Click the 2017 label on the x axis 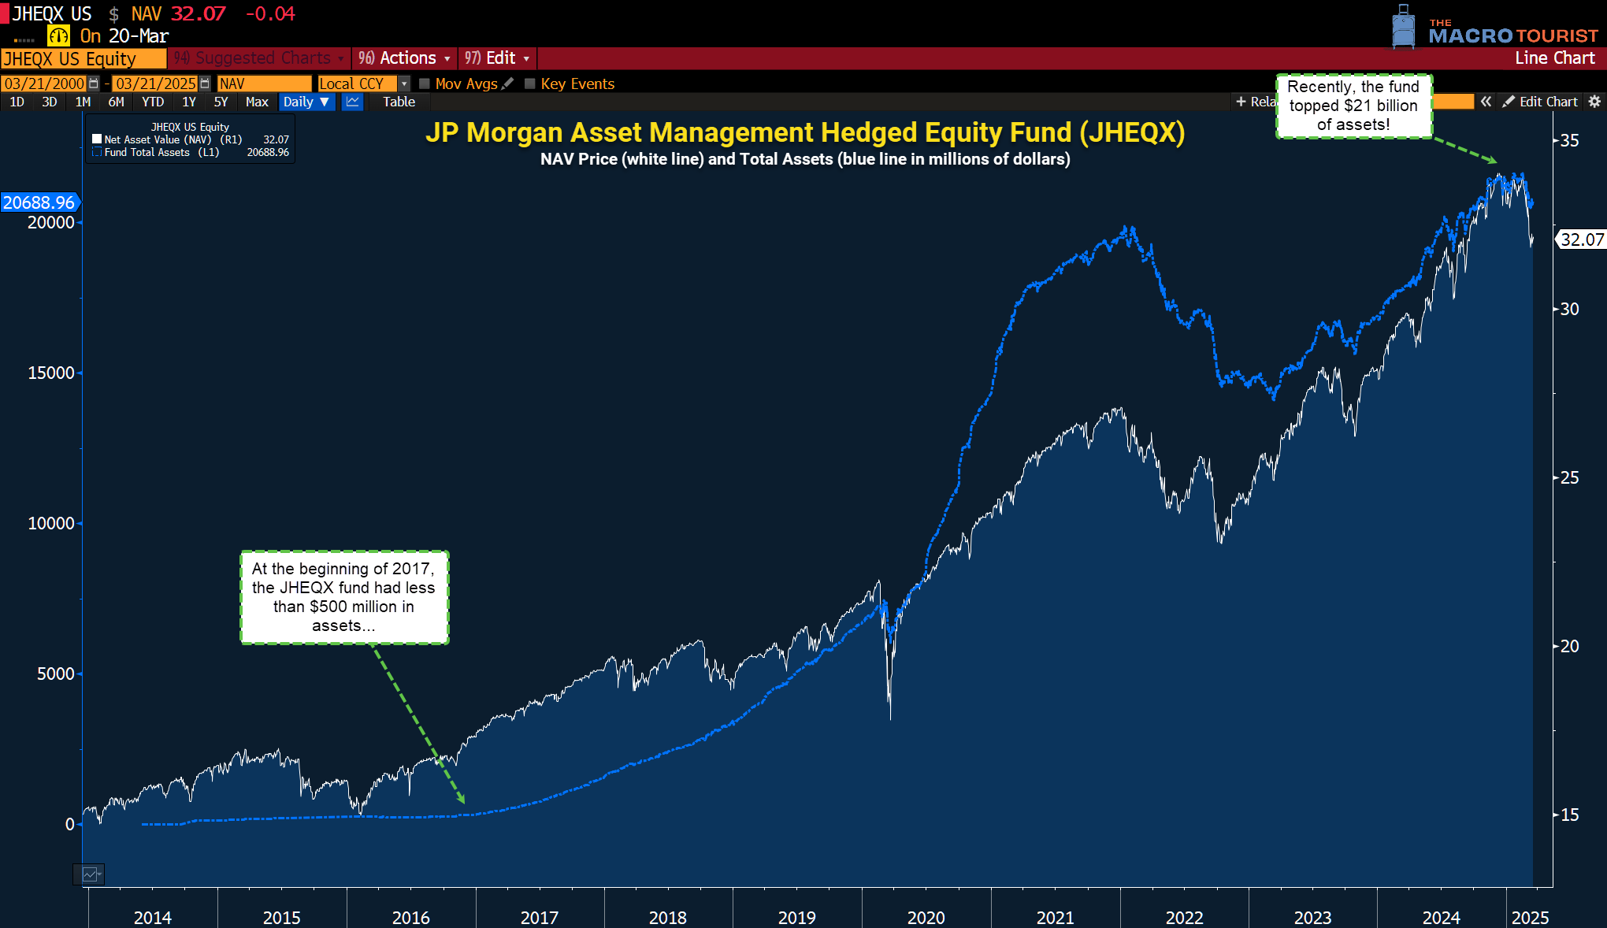pos(539,917)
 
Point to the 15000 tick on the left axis pos(51,373)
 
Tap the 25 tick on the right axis pos(1569,477)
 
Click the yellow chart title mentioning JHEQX pos(804,132)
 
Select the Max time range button pos(257,102)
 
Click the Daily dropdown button pos(306,102)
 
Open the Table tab pos(399,102)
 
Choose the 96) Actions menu pos(404,58)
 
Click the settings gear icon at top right pos(1594,102)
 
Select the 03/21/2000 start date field pos(44,84)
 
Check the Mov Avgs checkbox pos(425,84)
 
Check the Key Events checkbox pos(530,84)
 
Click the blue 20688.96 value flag pos(39,202)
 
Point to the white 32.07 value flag pos(1582,239)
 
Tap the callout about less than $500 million pos(344,597)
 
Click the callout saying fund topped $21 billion pos(1353,106)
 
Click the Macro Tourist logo pos(1497,29)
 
